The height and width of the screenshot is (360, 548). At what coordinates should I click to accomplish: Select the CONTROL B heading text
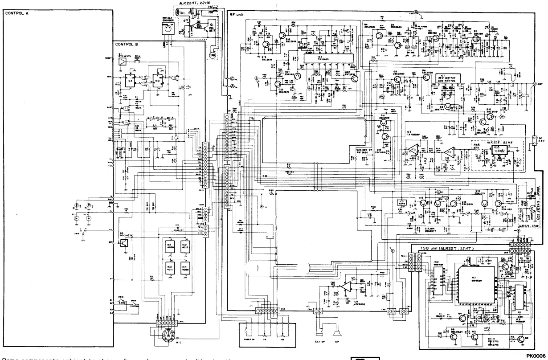click(x=128, y=44)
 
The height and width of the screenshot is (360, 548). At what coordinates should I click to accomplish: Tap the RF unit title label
click(x=238, y=14)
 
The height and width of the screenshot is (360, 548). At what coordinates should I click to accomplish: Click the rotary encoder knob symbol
click(x=168, y=29)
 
